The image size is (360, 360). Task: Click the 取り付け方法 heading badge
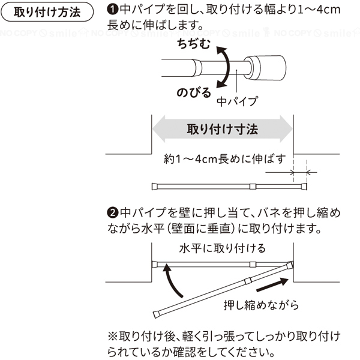pyautogui.click(x=47, y=12)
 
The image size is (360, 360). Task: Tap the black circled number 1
pyautogui.click(x=113, y=10)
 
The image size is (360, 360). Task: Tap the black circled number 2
pyautogui.click(x=113, y=212)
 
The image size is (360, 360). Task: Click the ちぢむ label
pyautogui.click(x=194, y=43)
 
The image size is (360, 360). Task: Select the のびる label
pyautogui.click(x=194, y=92)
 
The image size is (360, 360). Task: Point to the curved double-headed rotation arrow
pyautogui.click(x=226, y=67)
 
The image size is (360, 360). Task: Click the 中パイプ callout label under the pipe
pyautogui.click(x=238, y=101)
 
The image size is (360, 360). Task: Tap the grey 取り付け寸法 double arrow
pyautogui.click(x=222, y=129)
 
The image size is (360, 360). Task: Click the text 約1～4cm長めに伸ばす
pyautogui.click(x=224, y=159)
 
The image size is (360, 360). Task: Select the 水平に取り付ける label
pyautogui.click(x=222, y=248)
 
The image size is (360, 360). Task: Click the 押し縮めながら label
pyautogui.click(x=261, y=305)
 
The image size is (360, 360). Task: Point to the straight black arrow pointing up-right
pyautogui.click(x=272, y=284)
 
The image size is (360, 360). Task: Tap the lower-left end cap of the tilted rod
pyautogui.click(x=157, y=314)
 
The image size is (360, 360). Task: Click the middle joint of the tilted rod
pyautogui.click(x=248, y=281)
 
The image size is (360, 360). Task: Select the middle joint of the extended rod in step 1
pyautogui.click(x=253, y=186)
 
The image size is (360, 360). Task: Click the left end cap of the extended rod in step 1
pyautogui.click(x=155, y=187)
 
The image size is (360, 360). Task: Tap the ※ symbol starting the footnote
pyautogui.click(x=113, y=337)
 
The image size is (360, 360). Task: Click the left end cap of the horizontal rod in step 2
pyautogui.click(x=155, y=265)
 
